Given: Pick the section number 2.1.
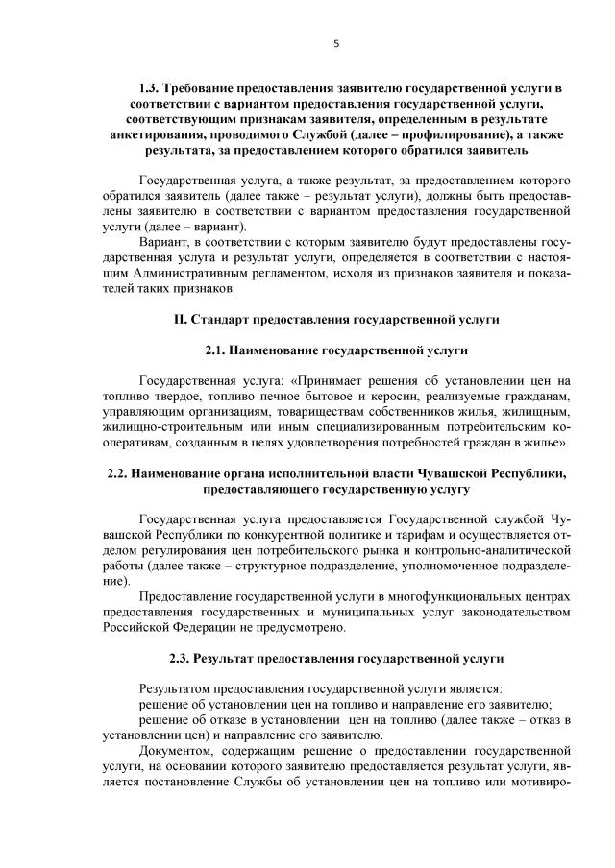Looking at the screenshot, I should pyautogui.click(x=220, y=353).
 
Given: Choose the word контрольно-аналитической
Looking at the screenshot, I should pyautogui.click(x=502, y=551).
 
